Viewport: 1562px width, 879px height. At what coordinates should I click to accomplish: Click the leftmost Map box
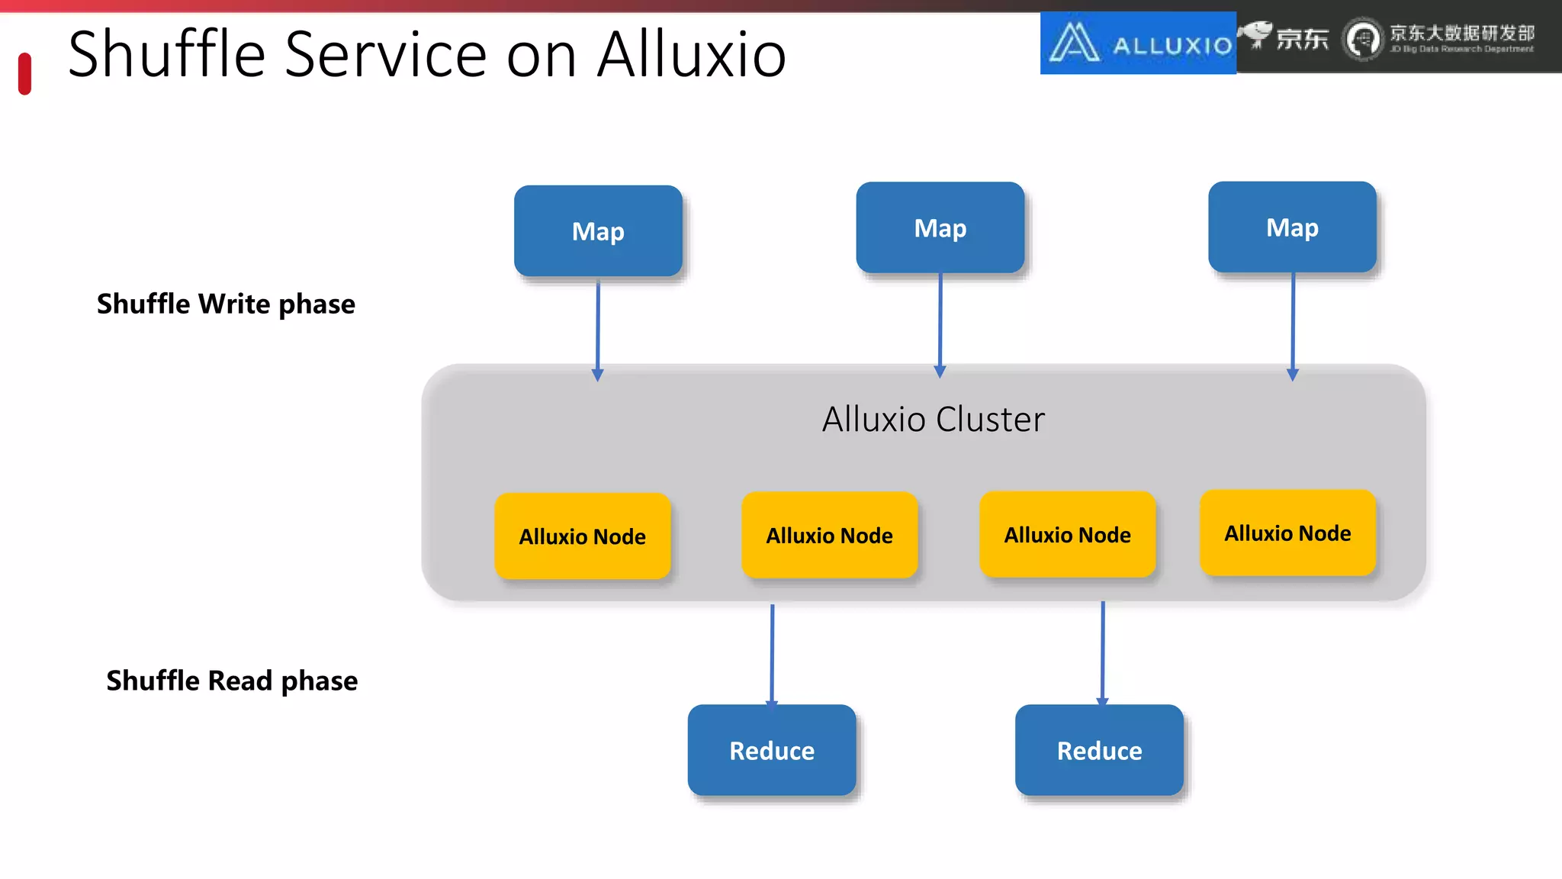click(598, 231)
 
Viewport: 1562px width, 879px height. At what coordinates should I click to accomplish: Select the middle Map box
click(940, 227)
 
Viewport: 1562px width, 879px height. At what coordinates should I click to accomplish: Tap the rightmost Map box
click(1292, 227)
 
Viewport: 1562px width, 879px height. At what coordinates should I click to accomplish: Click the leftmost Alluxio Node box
click(582, 536)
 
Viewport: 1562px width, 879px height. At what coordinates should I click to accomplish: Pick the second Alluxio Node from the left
click(829, 535)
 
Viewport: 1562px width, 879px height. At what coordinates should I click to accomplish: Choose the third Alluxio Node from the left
click(1067, 534)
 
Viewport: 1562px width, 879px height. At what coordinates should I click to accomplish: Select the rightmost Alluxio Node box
click(1287, 533)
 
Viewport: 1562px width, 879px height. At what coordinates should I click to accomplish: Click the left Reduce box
click(771, 750)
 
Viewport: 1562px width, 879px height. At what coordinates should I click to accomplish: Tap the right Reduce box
click(1099, 750)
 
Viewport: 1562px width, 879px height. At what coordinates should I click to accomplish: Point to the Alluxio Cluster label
click(933, 420)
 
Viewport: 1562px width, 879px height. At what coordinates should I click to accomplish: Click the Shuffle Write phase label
click(226, 304)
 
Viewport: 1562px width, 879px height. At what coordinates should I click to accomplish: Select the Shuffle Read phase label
click(232, 680)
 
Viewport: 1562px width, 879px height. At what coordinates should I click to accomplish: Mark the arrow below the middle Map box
click(940, 324)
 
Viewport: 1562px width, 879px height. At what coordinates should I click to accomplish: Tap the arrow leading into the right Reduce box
click(1102, 652)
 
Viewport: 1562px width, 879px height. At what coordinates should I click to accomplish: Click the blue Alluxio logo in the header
click(1138, 43)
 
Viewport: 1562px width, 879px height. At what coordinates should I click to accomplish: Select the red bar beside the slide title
click(24, 73)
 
